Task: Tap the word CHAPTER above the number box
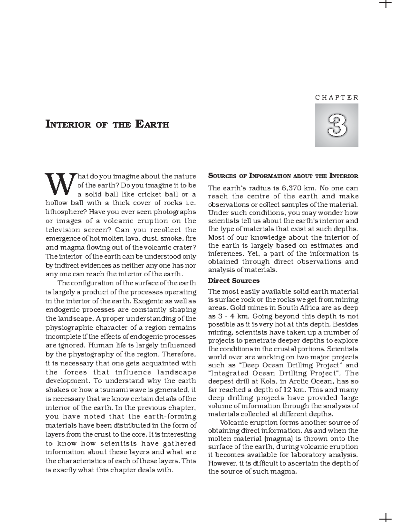coord(337,98)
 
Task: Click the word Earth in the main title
coord(152,124)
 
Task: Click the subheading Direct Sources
coord(234,280)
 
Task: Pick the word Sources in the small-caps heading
coord(223,175)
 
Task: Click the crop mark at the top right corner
coord(386,4)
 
